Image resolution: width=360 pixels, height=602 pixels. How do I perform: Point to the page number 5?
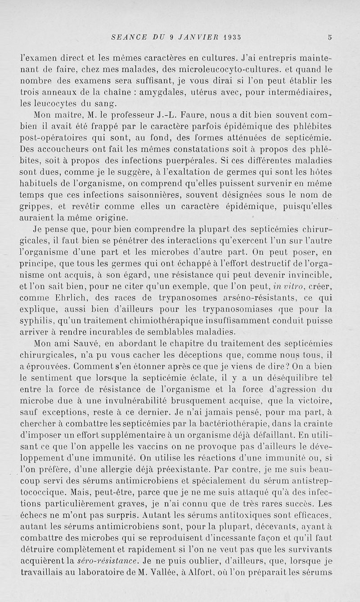343,37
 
